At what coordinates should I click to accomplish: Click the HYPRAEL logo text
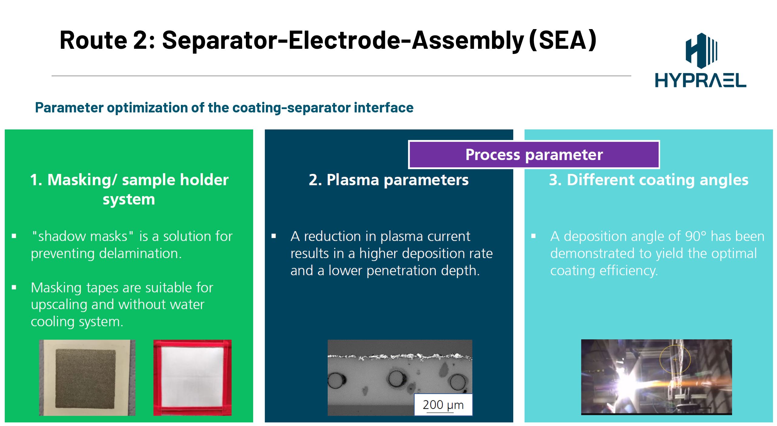(x=701, y=80)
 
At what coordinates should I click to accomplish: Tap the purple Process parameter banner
(x=534, y=155)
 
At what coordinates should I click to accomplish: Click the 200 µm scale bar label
(x=443, y=405)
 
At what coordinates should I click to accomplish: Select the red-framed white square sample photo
(x=192, y=378)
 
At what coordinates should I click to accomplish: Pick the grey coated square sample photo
(x=87, y=378)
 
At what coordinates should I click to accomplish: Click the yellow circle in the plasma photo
(x=675, y=359)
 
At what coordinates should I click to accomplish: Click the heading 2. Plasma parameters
(x=388, y=180)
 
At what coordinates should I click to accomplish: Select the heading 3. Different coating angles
(x=649, y=180)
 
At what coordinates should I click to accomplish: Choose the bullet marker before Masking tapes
(x=14, y=287)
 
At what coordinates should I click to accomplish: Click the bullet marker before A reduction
(x=274, y=236)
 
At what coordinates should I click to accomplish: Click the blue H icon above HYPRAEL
(x=701, y=50)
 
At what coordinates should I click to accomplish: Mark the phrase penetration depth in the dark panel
(x=423, y=271)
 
